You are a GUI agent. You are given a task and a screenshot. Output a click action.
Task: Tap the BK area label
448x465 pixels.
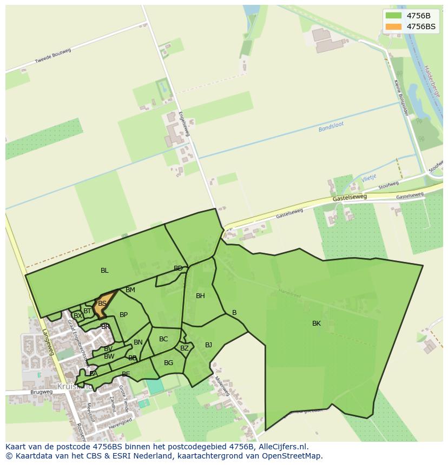click(317, 324)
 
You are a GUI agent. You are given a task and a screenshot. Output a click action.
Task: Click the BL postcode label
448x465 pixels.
click(104, 271)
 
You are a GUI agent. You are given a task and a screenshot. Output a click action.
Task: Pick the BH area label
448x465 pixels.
click(200, 296)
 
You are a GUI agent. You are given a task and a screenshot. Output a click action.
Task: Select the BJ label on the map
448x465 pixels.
click(208, 345)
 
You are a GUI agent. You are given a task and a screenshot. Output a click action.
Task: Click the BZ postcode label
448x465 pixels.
click(185, 348)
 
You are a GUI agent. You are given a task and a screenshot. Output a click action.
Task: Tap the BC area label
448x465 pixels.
click(163, 339)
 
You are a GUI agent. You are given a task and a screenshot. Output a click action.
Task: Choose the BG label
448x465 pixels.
click(168, 363)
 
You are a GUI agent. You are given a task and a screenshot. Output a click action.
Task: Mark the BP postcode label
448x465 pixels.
click(123, 315)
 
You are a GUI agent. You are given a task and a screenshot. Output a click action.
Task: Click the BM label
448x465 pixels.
click(130, 290)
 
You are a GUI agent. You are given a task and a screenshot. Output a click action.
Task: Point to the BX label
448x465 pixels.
click(78, 316)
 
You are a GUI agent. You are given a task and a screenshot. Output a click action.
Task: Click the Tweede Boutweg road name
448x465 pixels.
click(53, 56)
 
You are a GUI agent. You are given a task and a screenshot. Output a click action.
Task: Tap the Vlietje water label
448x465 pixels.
click(368, 177)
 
